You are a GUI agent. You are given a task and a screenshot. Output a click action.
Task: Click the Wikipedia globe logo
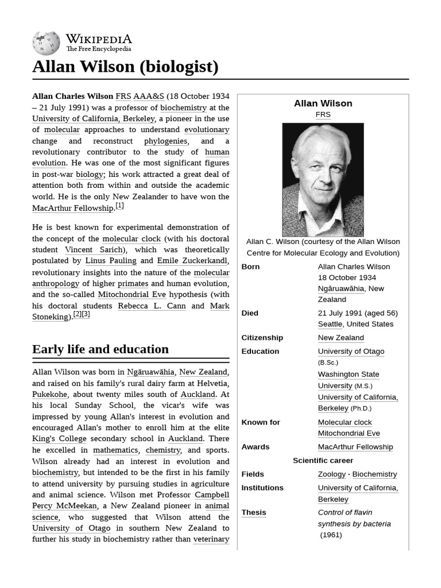[x=46, y=42]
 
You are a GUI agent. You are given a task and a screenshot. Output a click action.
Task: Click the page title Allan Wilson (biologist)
[x=125, y=67]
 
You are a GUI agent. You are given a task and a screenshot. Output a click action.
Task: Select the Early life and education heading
[x=100, y=349]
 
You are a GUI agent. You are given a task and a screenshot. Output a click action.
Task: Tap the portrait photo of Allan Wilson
[x=323, y=179]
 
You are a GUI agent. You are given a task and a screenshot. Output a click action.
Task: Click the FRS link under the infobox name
[x=323, y=115]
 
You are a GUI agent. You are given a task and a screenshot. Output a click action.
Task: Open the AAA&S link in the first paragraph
[x=148, y=96]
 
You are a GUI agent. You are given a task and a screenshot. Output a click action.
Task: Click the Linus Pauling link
[x=111, y=261]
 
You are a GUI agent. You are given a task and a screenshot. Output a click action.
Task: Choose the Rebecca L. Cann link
[x=152, y=305]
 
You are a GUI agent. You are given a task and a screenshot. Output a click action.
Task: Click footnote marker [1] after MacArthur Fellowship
[x=119, y=206]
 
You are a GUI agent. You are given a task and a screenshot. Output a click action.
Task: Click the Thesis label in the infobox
[x=254, y=512]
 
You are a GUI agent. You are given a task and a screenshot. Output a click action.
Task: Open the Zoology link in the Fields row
[x=332, y=474]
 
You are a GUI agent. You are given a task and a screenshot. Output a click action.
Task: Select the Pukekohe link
[x=49, y=394]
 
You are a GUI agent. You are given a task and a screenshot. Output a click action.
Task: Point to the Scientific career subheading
[x=323, y=461]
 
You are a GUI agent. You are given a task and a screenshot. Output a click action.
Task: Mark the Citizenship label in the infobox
[x=262, y=338]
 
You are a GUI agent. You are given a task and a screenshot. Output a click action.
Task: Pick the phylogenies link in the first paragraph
[x=165, y=141]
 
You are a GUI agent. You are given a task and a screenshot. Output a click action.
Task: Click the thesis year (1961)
[x=331, y=535]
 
